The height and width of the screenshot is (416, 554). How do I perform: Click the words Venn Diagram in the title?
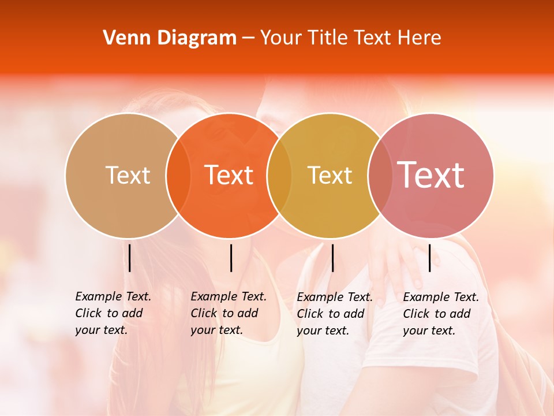coord(170,38)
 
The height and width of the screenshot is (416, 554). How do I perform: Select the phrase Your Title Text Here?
coord(350,38)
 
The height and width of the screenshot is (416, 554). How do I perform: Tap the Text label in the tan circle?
coord(128,175)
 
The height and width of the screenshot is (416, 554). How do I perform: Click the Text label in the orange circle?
coord(229,175)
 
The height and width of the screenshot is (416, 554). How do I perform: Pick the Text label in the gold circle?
coord(330,175)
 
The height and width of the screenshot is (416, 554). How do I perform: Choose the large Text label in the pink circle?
coord(431,175)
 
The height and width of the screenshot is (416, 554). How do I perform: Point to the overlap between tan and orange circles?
coord(178,176)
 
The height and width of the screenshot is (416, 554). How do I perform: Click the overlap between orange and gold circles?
coord(279,176)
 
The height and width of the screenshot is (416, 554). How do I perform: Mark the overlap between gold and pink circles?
coord(379,176)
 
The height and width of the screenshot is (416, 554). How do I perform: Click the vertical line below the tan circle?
coord(130,258)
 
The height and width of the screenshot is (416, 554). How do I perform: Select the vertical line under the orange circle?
coord(231,258)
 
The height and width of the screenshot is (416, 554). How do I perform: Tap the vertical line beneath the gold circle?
coord(332,258)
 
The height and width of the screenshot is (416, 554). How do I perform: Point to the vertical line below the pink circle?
coord(430,258)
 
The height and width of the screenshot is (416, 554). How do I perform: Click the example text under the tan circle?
coord(113,313)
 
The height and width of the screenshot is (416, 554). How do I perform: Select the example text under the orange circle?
coord(229,313)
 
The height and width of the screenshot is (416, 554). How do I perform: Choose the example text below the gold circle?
coord(335,314)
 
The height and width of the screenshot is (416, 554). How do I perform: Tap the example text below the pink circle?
coord(441,314)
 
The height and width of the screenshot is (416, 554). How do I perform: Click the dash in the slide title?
coord(248,39)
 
